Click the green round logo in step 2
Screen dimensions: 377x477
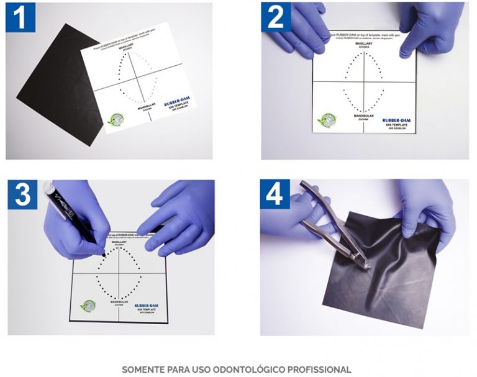tap(325, 119)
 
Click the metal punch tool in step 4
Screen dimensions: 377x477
tap(329, 224)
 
